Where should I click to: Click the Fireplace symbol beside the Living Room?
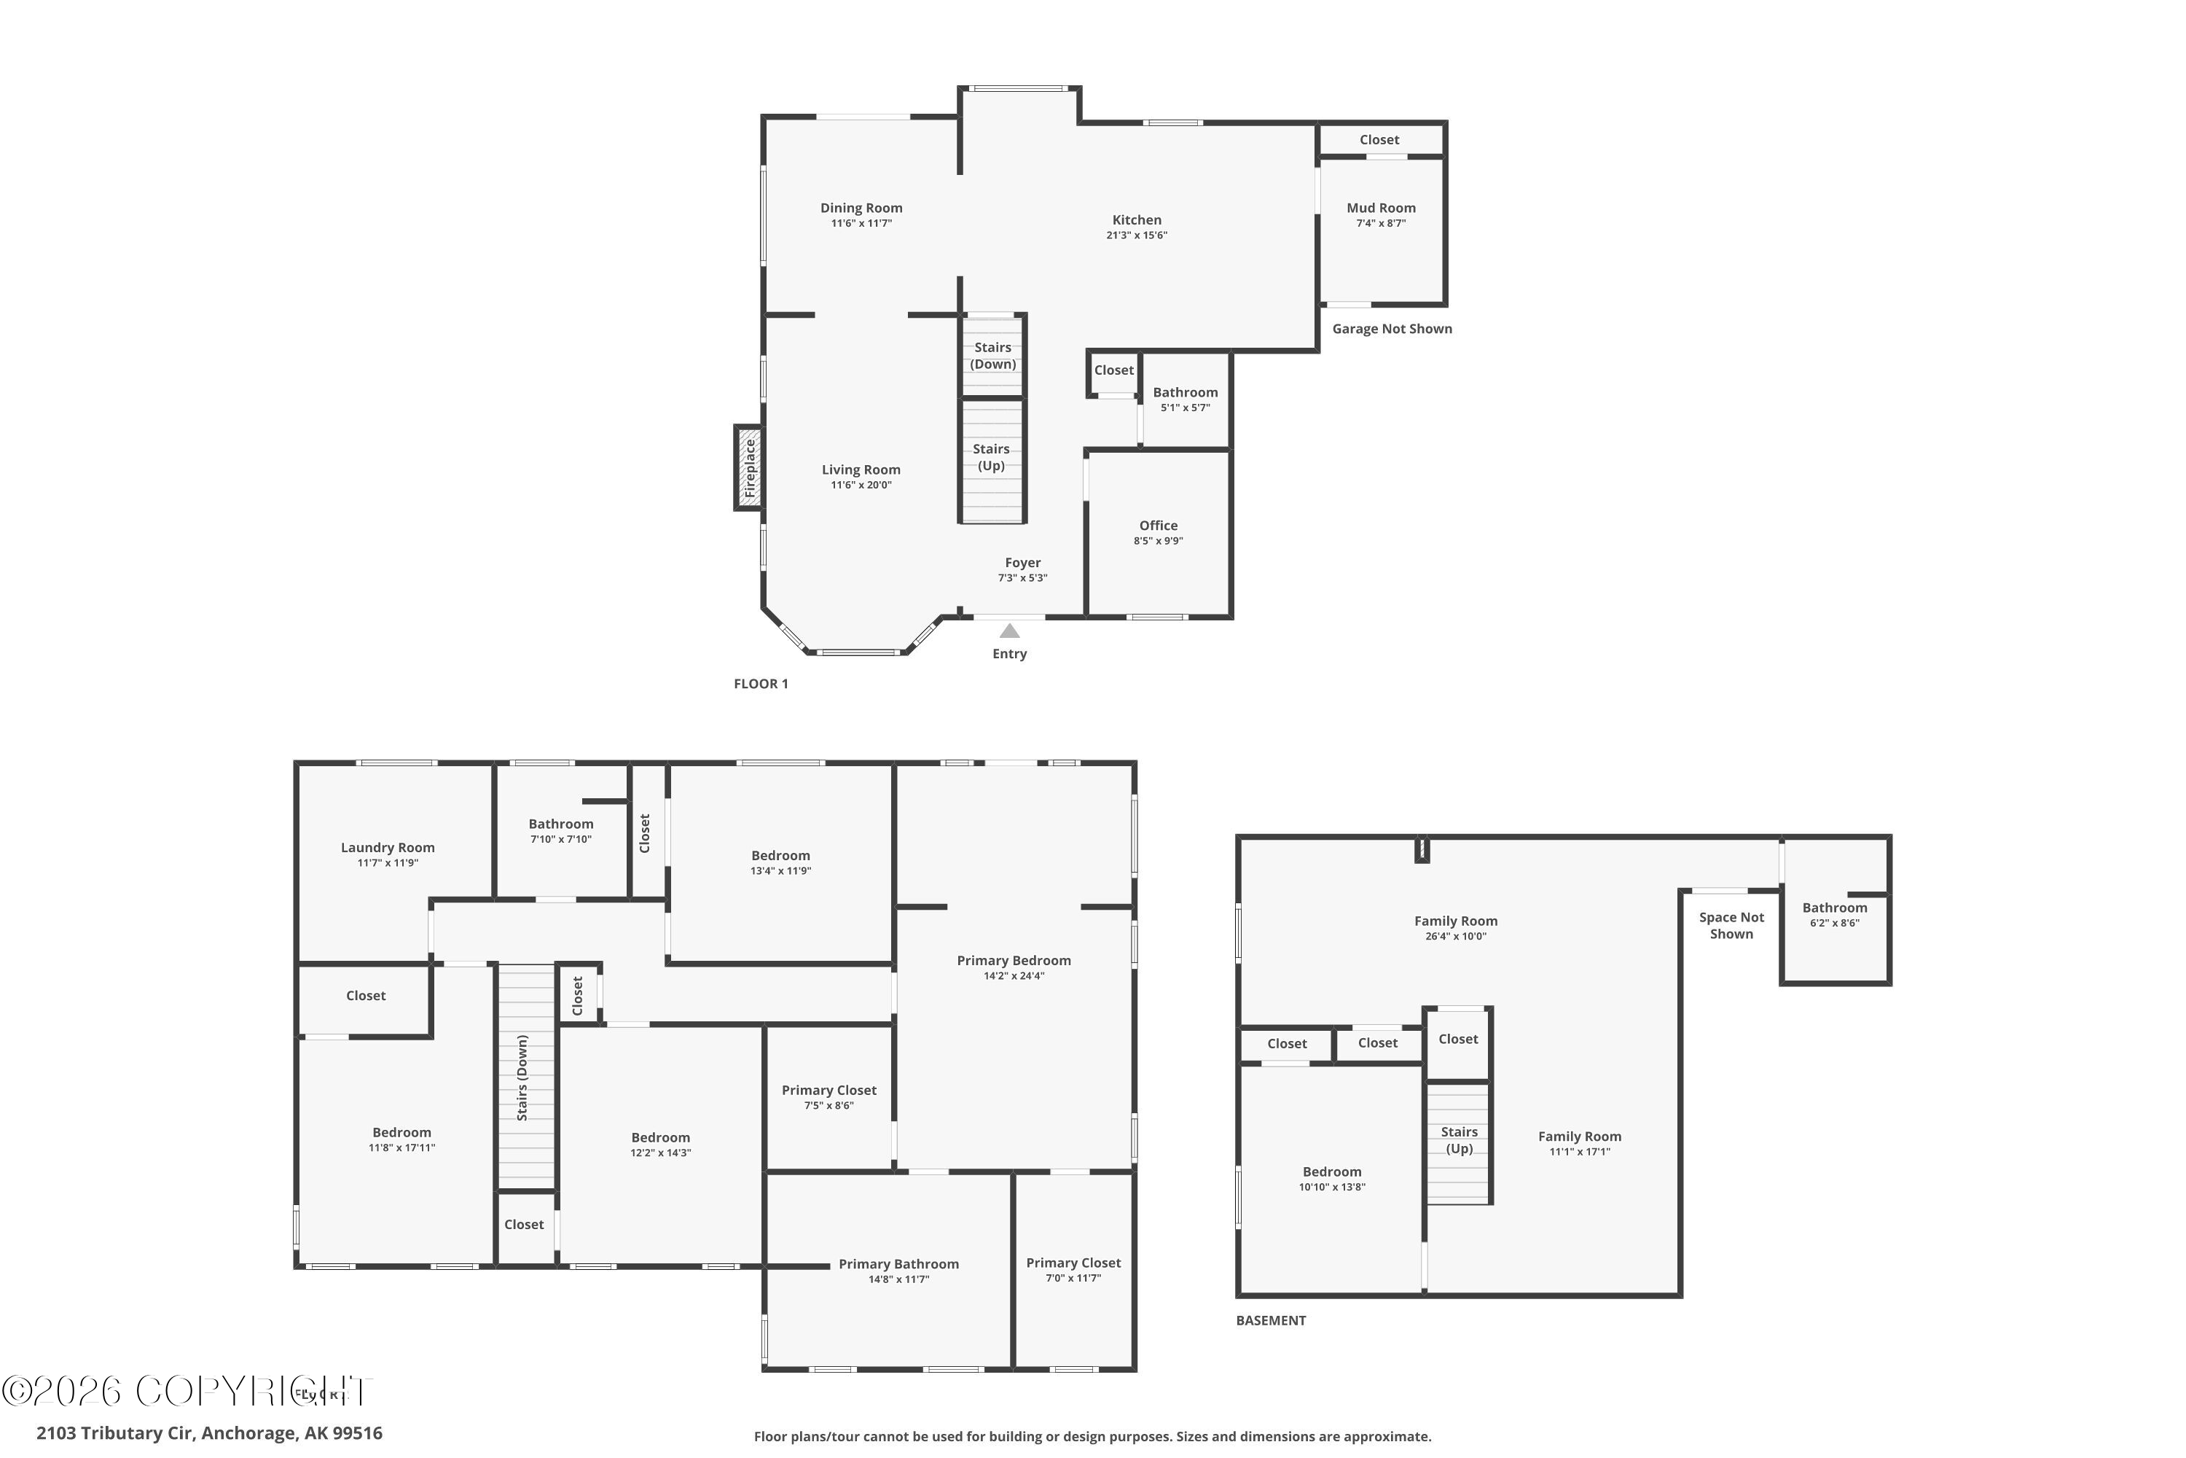[749, 468]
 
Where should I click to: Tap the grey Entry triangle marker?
[1009, 631]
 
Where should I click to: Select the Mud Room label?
[1381, 208]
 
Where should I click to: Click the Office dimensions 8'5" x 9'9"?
[1158, 541]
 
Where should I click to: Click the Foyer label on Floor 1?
[1022, 563]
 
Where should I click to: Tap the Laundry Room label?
[388, 848]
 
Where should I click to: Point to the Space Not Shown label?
[1731, 926]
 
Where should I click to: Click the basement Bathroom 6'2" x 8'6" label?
[1835, 908]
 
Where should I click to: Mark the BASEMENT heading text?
[1271, 1320]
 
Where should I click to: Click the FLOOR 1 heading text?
[760, 685]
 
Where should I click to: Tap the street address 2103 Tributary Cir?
[209, 1433]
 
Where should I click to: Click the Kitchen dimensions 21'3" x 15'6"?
[1137, 236]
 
